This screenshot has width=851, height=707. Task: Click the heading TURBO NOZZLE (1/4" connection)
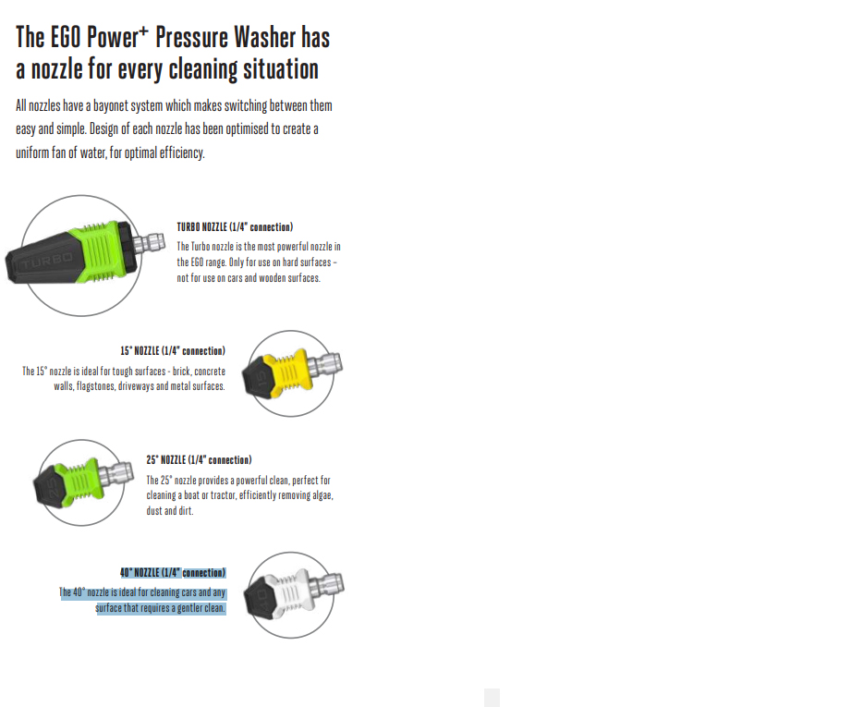(x=235, y=227)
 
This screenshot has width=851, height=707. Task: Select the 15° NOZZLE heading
(x=173, y=351)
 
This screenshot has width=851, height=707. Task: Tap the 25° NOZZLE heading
(x=199, y=460)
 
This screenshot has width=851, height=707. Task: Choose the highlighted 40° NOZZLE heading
(x=173, y=572)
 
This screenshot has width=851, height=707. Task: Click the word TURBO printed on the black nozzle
(x=47, y=262)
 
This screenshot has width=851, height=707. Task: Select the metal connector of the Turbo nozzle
(x=149, y=243)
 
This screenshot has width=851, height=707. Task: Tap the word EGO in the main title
(x=66, y=38)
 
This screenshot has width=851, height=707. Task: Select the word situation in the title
(x=281, y=69)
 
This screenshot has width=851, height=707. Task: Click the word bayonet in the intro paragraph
(x=112, y=105)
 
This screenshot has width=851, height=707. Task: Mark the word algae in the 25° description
(x=322, y=495)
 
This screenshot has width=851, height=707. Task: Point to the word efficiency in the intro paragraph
(x=182, y=152)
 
